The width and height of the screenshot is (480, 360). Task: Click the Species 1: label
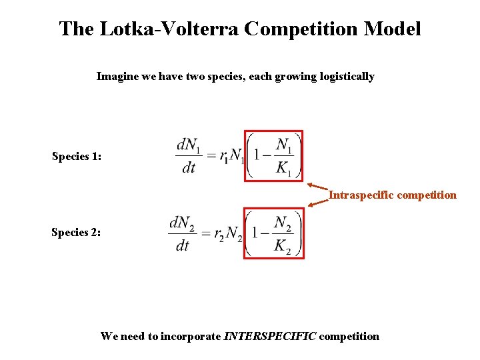point(77,157)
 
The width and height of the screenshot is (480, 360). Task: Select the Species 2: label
point(77,233)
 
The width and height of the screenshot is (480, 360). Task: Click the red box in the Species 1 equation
point(273,156)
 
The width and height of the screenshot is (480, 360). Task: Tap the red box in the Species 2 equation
point(273,233)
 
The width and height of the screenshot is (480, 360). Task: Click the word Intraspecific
point(363,195)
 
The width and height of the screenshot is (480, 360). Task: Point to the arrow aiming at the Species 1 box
point(318,187)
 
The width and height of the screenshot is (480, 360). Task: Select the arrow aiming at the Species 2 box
point(318,204)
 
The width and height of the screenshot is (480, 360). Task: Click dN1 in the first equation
point(189,145)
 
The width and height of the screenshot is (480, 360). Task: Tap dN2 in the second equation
point(183,221)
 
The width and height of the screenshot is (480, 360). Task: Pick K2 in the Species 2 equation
point(283,245)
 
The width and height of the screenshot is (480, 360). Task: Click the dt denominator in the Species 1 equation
point(189,168)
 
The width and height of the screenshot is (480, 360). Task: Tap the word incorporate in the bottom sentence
point(189,336)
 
